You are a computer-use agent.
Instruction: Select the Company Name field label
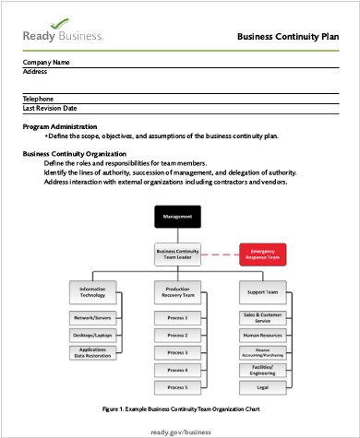tap(46, 63)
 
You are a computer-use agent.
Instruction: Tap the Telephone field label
tap(38, 99)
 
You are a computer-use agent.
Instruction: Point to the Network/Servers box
tap(93, 317)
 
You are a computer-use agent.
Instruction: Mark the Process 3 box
tap(178, 352)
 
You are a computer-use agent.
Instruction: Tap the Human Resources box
tap(264, 335)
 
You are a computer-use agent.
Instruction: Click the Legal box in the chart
tap(264, 387)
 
